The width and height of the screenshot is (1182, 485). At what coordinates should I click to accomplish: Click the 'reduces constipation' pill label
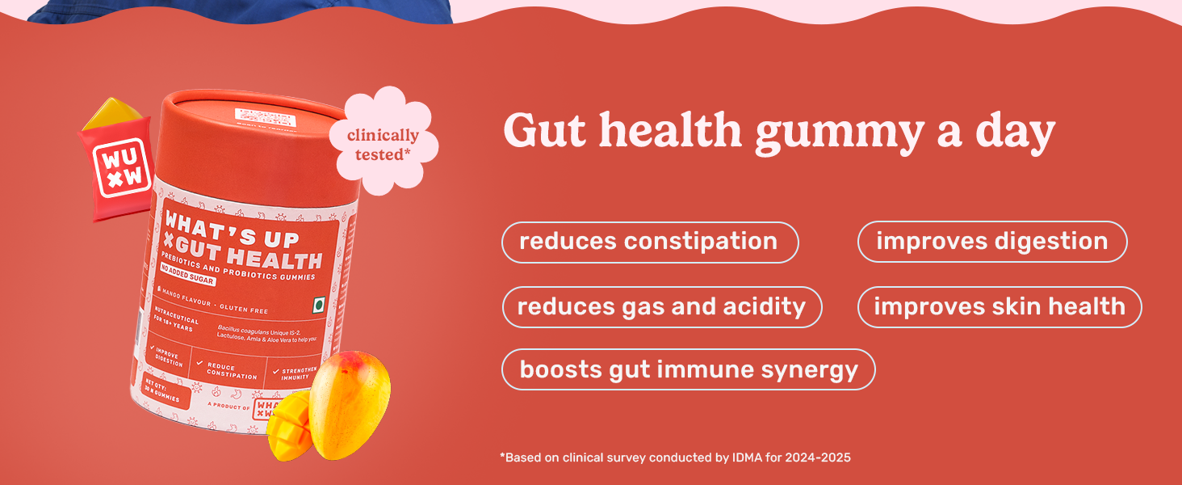coord(649,242)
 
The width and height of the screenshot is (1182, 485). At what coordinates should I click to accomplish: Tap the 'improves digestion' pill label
coord(991,242)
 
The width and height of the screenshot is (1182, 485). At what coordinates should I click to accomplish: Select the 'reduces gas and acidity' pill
coord(661,307)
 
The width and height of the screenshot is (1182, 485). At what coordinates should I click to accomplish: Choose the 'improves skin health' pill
coord(999,307)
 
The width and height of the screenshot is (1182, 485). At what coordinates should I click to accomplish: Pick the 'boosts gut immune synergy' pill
coord(688,369)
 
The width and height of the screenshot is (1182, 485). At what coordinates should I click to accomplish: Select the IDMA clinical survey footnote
coord(675,458)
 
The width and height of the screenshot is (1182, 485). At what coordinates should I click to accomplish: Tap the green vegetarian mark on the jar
coord(318,306)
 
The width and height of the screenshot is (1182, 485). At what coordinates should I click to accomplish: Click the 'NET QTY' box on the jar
coord(166,390)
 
